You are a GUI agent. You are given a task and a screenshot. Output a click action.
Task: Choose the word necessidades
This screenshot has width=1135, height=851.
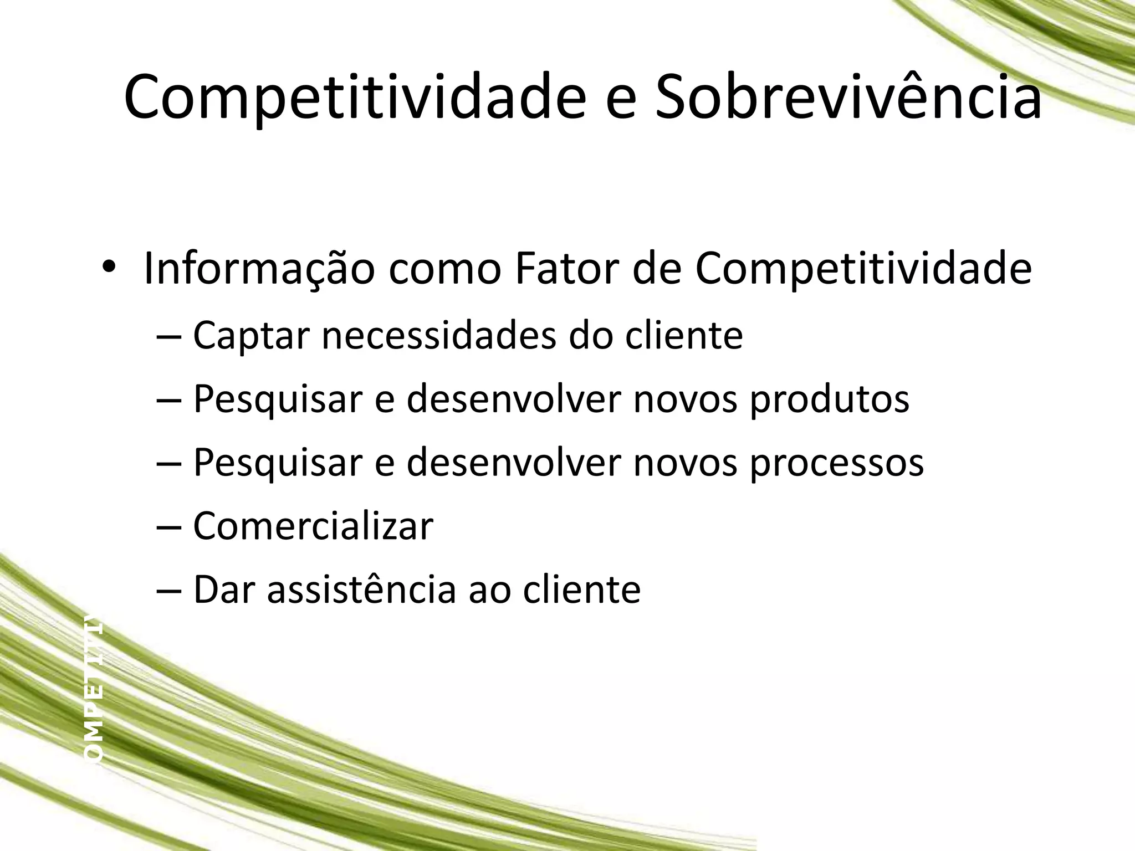click(x=438, y=335)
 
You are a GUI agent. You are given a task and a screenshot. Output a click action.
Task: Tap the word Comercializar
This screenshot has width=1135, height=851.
click(x=313, y=526)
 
